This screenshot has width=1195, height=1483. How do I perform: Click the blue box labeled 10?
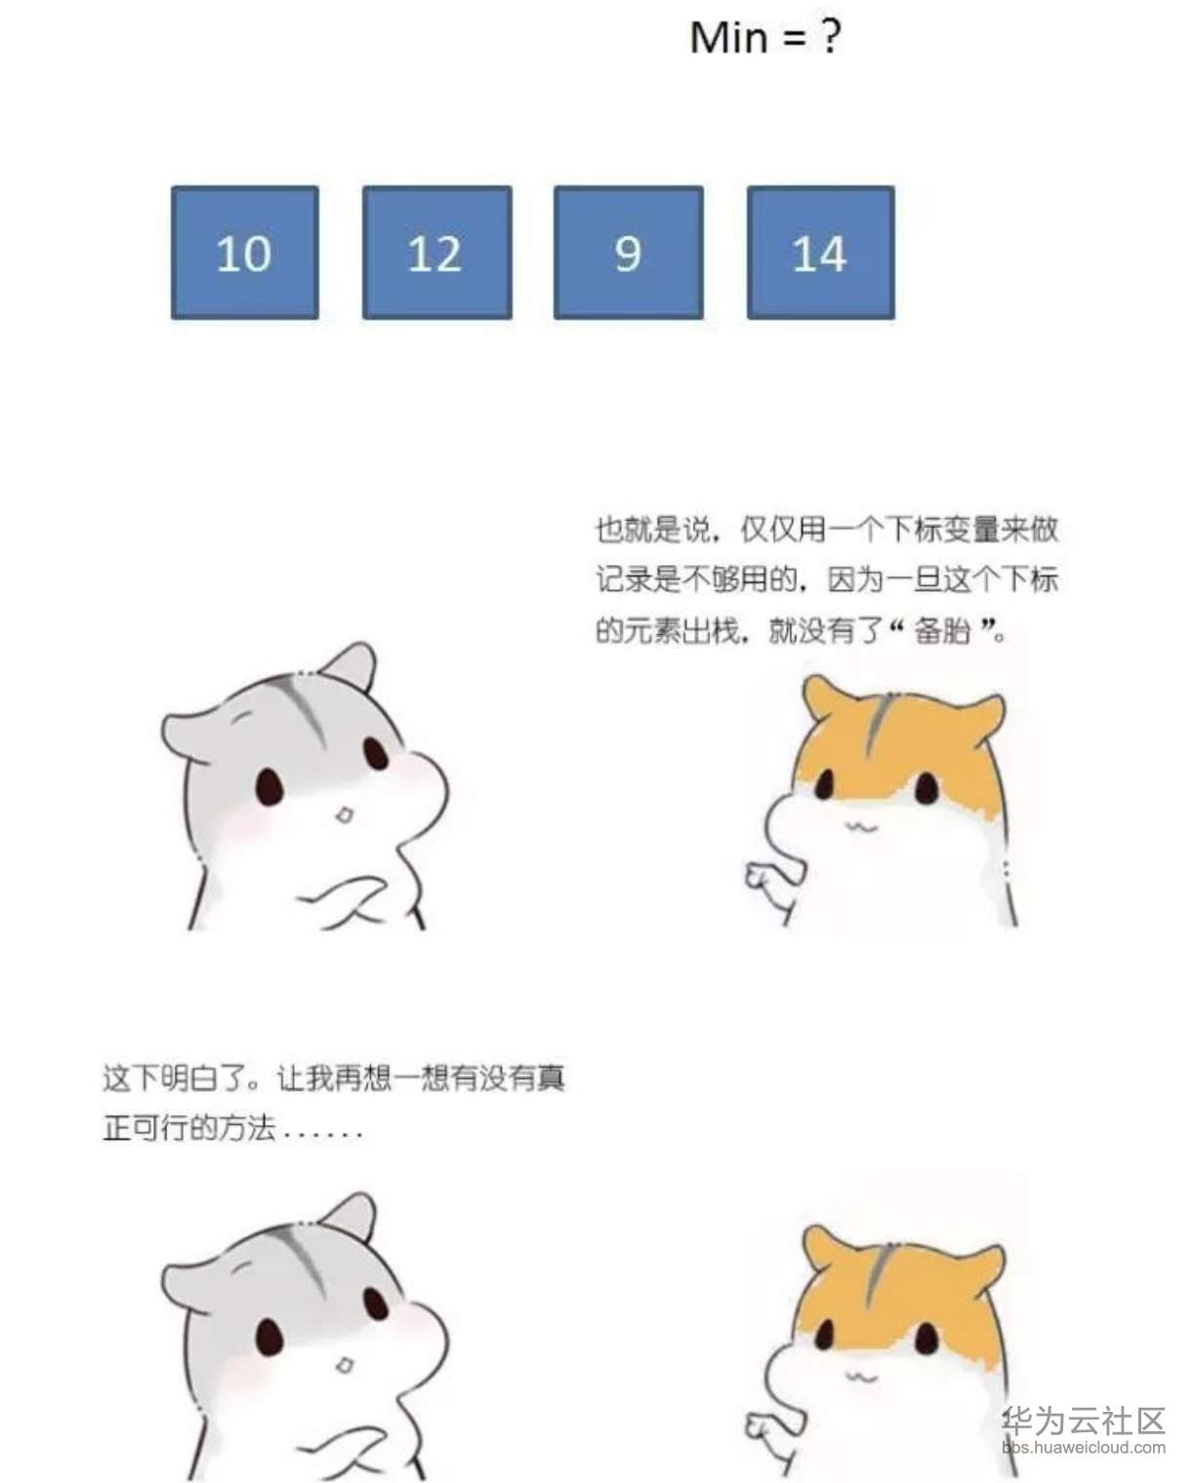[245, 253]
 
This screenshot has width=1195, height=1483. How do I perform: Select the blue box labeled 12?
[437, 253]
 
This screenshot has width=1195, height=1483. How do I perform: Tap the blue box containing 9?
[628, 253]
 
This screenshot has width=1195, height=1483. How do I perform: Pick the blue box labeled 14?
[820, 253]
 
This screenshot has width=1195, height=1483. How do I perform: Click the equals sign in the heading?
[795, 39]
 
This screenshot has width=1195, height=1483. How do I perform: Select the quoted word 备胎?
[942, 630]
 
